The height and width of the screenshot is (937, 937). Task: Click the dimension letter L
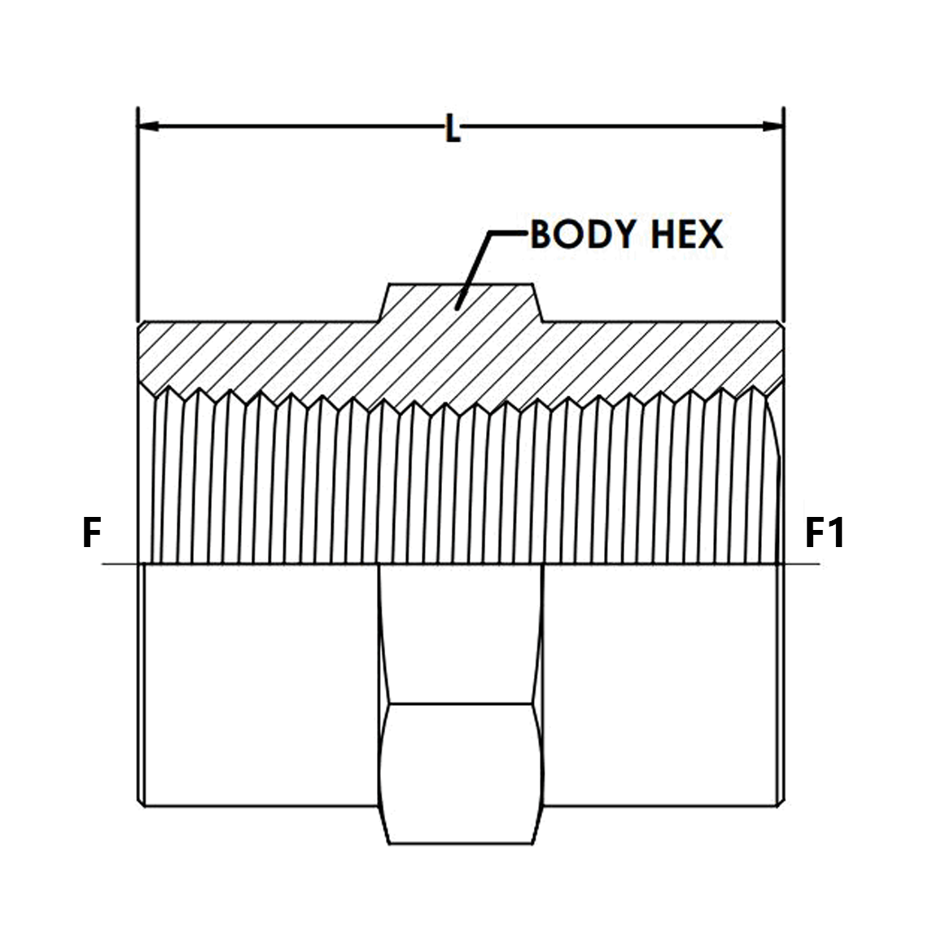tap(453, 129)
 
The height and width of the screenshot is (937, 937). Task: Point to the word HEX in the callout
tap(686, 234)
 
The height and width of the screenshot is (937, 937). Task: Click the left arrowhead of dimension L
tap(148, 126)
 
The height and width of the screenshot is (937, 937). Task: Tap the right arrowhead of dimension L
tap(773, 126)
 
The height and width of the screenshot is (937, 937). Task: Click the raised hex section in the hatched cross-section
tap(461, 302)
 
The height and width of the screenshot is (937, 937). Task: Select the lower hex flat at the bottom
tap(461, 773)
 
